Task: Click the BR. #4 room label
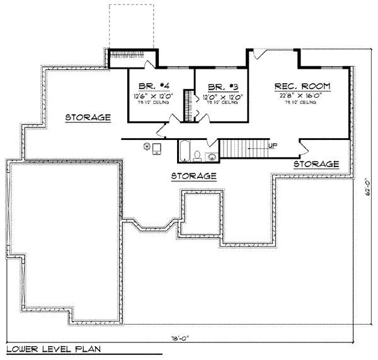(150, 87)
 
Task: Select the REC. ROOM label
(302, 86)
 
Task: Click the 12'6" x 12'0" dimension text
(150, 96)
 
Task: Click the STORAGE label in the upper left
(88, 117)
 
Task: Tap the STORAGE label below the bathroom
(195, 175)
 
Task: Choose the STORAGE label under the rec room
(316, 164)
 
